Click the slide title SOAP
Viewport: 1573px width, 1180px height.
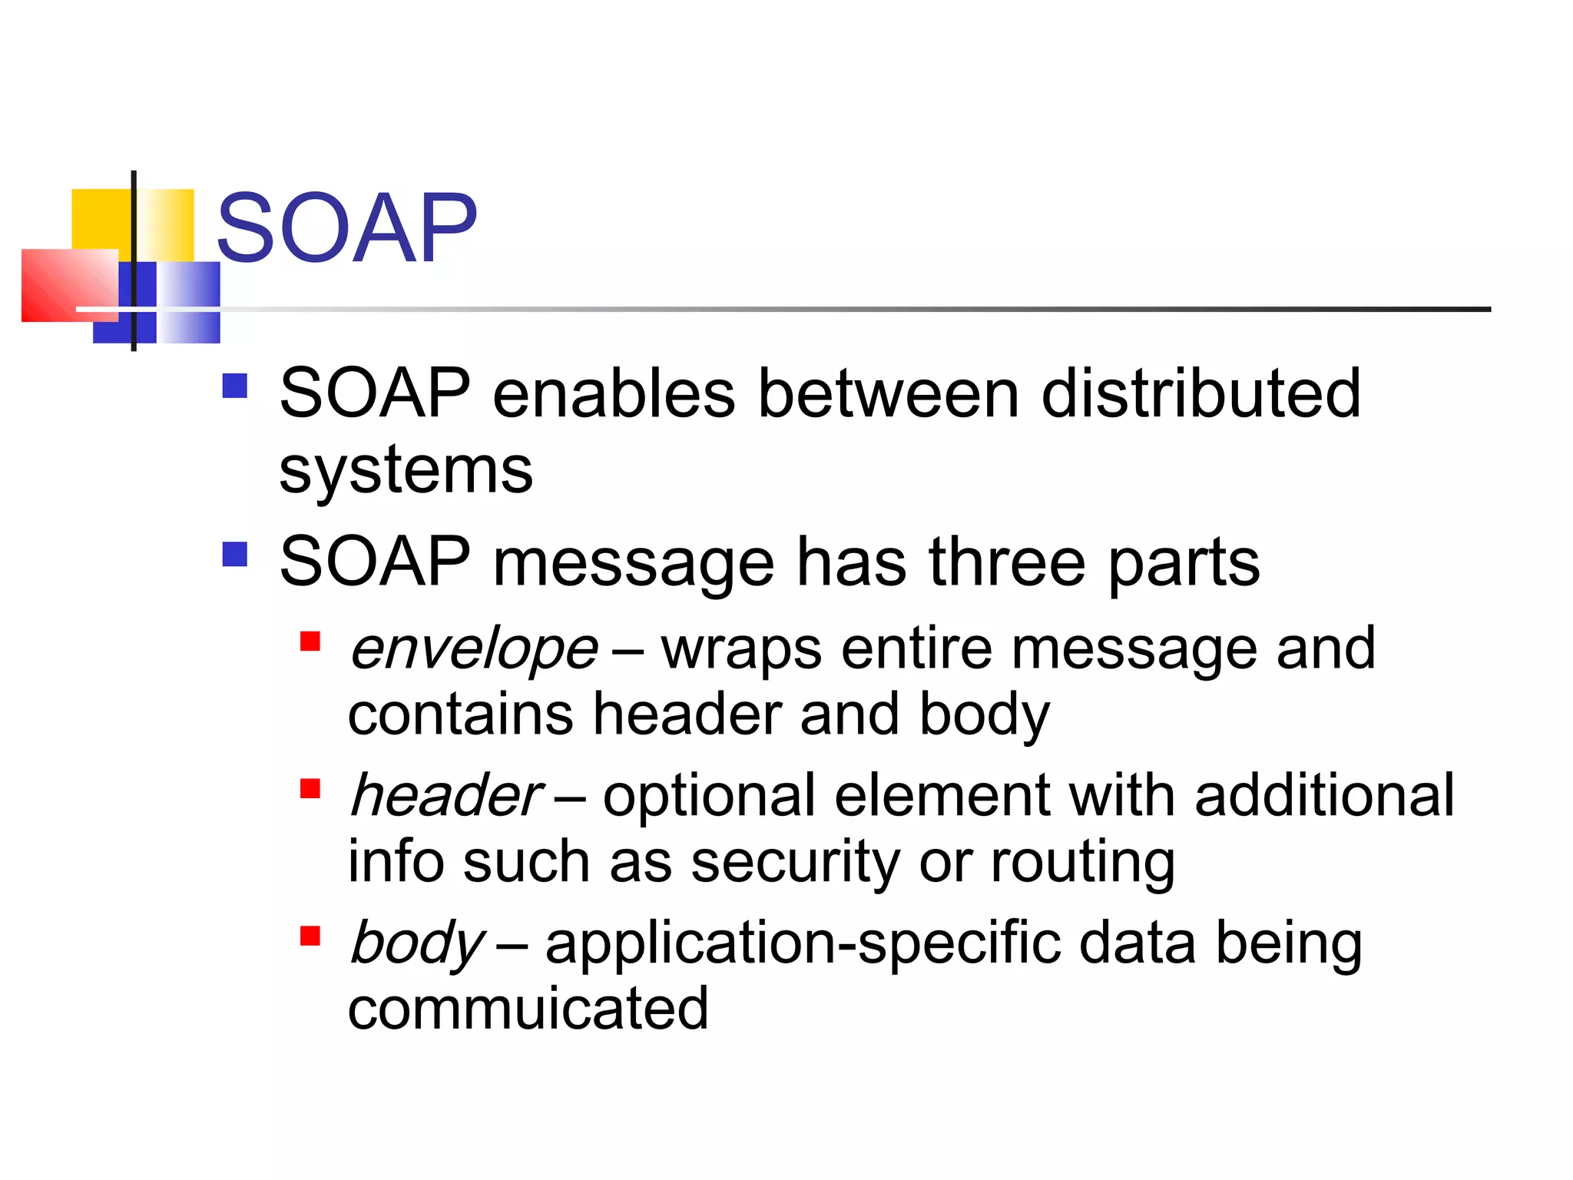(347, 228)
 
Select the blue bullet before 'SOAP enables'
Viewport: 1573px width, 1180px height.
(234, 386)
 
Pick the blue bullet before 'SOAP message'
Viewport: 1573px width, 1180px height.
(234, 554)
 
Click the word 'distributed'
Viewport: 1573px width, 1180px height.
(1200, 393)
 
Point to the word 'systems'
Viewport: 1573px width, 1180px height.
(406, 469)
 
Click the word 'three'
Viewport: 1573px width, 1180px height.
(1007, 562)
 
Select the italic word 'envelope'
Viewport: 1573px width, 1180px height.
(473, 649)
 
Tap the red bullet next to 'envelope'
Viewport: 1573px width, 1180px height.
(310, 641)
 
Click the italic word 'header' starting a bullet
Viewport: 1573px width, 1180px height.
(445, 796)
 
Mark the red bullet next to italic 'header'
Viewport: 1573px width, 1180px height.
(310, 788)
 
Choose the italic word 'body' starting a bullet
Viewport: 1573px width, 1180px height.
(416, 943)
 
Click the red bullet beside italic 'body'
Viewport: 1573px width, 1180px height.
(310, 936)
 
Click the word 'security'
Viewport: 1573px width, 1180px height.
(795, 862)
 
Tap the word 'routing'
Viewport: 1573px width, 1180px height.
(1082, 862)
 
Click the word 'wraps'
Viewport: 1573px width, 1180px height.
(742, 649)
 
